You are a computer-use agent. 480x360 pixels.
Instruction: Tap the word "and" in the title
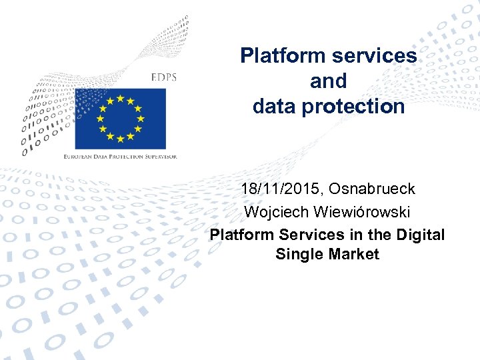pyautogui.click(x=329, y=81)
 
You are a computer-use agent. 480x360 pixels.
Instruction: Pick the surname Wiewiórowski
pyautogui.click(x=361, y=212)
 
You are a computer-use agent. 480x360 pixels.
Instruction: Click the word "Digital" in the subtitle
pyautogui.click(x=419, y=235)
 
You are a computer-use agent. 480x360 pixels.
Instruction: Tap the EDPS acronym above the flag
pyautogui.click(x=163, y=77)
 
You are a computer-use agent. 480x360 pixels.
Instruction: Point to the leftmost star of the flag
pyautogui.click(x=100, y=119)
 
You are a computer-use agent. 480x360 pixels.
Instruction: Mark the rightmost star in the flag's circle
pyautogui.click(x=140, y=119)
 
